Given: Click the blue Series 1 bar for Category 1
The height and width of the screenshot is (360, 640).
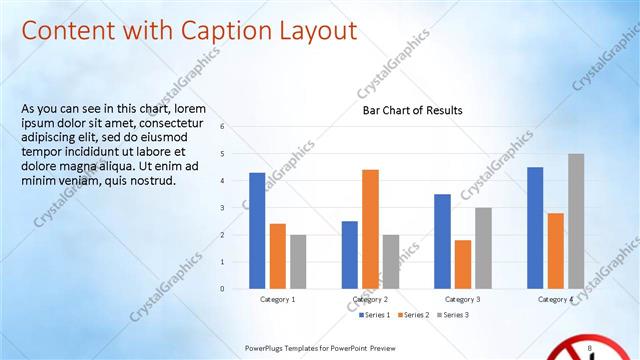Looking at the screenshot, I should tap(257, 231).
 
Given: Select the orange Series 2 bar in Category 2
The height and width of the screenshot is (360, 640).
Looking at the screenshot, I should tap(370, 229).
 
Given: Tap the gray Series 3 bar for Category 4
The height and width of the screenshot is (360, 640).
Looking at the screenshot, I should tap(576, 221).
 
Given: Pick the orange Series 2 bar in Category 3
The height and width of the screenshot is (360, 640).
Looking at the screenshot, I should tap(463, 264).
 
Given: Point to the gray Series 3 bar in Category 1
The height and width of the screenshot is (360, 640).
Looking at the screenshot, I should tap(298, 262).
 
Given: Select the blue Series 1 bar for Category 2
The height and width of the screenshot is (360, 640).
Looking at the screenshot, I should tap(349, 255).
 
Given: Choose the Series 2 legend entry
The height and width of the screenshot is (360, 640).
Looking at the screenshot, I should tap(412, 315).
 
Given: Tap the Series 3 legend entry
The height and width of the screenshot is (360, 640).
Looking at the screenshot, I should tap(451, 315).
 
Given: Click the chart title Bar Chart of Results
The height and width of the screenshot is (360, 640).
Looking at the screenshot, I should tap(412, 111).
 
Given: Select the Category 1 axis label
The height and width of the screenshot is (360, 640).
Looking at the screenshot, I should tap(278, 299).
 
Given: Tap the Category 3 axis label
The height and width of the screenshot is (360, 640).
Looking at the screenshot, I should tap(462, 299).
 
